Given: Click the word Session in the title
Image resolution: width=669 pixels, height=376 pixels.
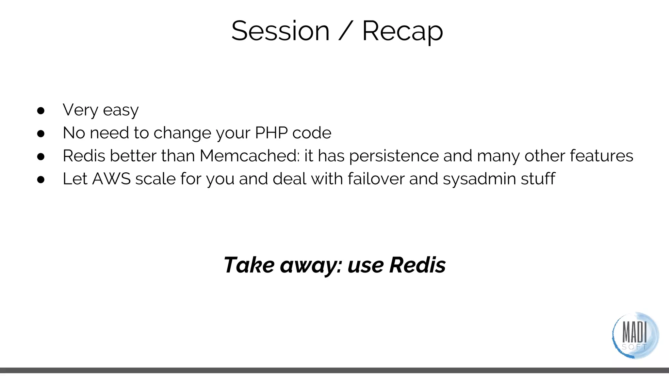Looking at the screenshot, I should [x=280, y=31].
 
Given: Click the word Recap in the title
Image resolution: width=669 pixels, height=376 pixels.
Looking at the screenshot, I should [x=402, y=31].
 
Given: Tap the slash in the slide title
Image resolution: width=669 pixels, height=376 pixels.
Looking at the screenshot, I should [x=346, y=31].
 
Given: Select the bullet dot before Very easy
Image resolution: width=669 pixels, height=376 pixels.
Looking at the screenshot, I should [x=41, y=111].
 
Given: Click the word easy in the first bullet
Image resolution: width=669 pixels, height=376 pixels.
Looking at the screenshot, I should [x=121, y=110].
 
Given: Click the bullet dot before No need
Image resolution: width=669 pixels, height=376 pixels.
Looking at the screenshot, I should [x=41, y=133].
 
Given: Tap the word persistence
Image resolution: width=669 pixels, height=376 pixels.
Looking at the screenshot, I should [x=394, y=156].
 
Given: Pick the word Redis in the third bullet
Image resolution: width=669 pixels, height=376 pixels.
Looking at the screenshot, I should [x=84, y=156].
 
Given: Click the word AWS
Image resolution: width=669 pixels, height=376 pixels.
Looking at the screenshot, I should [x=111, y=179].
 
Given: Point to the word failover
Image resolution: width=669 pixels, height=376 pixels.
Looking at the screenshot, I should [x=376, y=179].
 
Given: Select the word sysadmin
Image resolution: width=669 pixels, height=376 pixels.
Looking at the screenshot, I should [x=479, y=179].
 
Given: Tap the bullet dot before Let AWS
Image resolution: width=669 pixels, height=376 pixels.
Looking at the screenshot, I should [x=41, y=180].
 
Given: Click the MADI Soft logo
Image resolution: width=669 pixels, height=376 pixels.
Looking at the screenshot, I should [x=635, y=335].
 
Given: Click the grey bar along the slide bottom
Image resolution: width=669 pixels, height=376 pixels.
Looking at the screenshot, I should [x=334, y=370].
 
